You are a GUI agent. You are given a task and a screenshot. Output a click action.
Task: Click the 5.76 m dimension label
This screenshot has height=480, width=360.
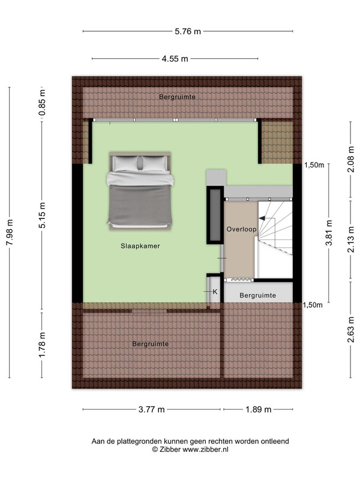click(x=188, y=31)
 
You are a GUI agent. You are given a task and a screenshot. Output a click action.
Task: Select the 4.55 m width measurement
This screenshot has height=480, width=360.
click(x=175, y=59)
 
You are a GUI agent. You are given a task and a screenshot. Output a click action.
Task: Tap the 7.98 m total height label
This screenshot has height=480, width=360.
click(x=10, y=232)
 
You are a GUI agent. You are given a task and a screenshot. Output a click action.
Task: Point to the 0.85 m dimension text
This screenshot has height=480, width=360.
click(x=42, y=103)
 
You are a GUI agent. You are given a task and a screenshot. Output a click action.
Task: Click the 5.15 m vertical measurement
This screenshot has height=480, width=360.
click(x=42, y=215)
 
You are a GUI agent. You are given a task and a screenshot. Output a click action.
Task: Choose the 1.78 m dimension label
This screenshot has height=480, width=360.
click(x=42, y=344)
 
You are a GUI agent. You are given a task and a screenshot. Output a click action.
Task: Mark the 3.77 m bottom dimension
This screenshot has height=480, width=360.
click(x=152, y=409)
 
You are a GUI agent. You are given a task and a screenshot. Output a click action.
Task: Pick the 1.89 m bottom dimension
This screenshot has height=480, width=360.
click(x=259, y=409)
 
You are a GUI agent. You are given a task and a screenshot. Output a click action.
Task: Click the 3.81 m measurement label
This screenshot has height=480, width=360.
click(x=329, y=233)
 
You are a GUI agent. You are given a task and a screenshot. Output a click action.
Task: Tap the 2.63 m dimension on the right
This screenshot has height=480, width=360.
click(x=351, y=329)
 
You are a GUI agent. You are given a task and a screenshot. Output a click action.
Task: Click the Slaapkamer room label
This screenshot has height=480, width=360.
click(x=140, y=246)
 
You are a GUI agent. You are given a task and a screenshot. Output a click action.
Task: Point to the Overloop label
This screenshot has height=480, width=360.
click(x=242, y=229)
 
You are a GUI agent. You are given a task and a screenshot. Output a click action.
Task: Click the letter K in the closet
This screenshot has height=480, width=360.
click(x=215, y=292)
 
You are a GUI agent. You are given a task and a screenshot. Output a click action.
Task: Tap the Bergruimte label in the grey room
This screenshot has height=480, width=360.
click(x=258, y=295)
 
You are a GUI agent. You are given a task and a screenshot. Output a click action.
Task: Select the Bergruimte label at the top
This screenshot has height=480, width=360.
click(x=177, y=97)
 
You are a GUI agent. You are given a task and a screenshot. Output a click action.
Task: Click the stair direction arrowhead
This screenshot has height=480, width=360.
click(x=262, y=218)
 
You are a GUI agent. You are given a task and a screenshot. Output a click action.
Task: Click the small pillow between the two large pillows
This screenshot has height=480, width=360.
click(x=140, y=163)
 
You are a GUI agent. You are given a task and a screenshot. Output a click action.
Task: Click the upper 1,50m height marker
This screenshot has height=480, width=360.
click(x=314, y=166)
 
